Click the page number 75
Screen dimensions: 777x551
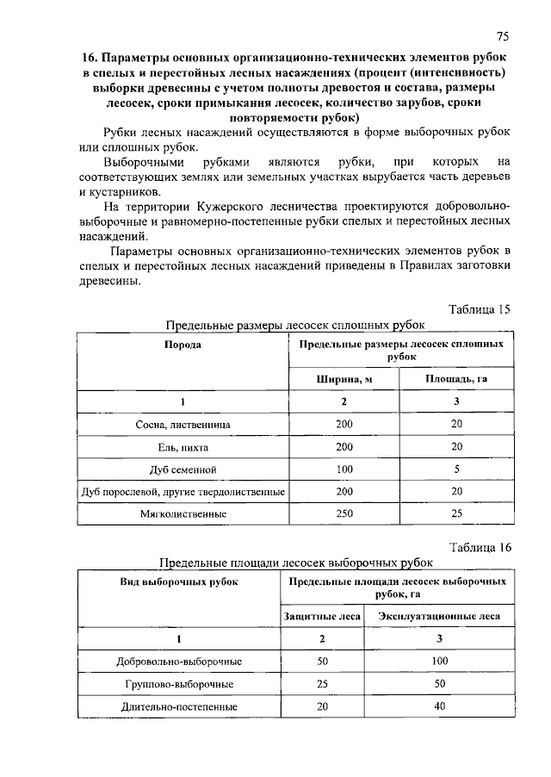tap(504, 35)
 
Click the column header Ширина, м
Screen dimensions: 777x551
tap(344, 379)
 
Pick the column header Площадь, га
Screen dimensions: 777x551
tap(456, 379)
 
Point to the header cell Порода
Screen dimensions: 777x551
tap(183, 345)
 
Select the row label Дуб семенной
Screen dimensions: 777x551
tap(183, 469)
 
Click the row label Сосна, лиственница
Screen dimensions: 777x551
tap(183, 425)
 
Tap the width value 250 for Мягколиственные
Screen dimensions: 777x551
tap(344, 513)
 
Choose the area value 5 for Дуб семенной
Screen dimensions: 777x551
tap(456, 469)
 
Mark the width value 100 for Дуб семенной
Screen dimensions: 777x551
tap(344, 469)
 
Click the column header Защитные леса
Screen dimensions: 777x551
tap(322, 616)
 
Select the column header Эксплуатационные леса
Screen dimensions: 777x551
tap(439, 616)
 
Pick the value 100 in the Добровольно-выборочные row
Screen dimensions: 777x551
tap(439, 662)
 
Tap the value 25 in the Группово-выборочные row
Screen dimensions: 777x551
tap(322, 684)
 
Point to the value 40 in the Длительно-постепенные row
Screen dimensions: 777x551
tap(439, 706)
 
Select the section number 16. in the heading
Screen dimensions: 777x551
tap(91, 57)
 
